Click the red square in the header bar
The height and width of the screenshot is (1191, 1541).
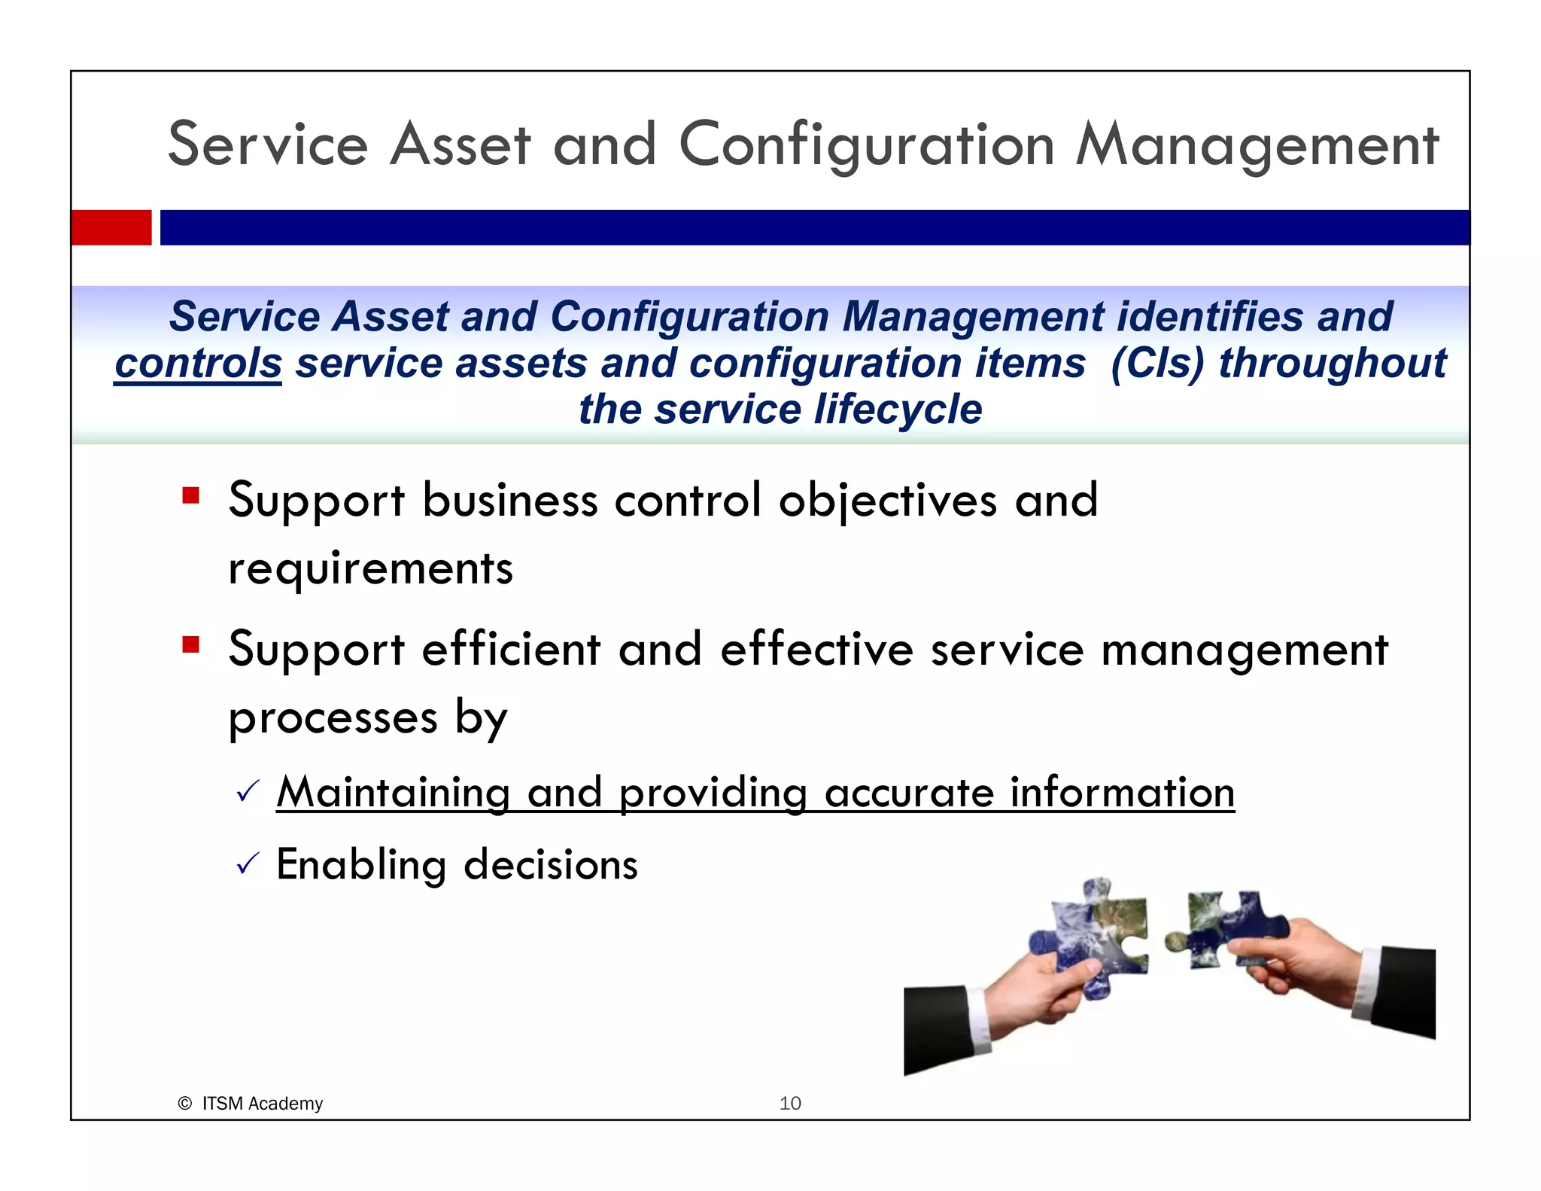coord(111,227)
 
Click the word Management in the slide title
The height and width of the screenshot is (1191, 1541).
coord(1257,145)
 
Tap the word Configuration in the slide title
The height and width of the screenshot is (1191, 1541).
coord(866,145)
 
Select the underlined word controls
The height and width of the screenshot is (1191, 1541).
coord(198,364)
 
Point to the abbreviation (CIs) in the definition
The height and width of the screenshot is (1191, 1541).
coord(1157,364)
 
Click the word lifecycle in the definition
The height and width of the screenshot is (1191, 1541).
coord(898,410)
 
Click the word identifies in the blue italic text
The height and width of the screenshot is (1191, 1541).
coord(1210,316)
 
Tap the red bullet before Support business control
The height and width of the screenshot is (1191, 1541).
coord(190,496)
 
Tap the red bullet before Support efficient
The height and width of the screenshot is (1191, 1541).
coord(190,645)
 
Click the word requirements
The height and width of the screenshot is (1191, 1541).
coord(370,568)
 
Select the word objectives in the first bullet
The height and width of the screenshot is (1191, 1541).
coord(888,501)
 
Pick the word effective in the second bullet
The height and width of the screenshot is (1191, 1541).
coord(816,650)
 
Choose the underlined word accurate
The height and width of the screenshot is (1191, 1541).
coord(909,793)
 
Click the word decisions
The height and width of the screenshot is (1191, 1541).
coord(551,865)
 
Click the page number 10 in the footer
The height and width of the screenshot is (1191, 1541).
coord(790,1104)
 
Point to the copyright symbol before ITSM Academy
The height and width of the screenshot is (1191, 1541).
coord(184,1104)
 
